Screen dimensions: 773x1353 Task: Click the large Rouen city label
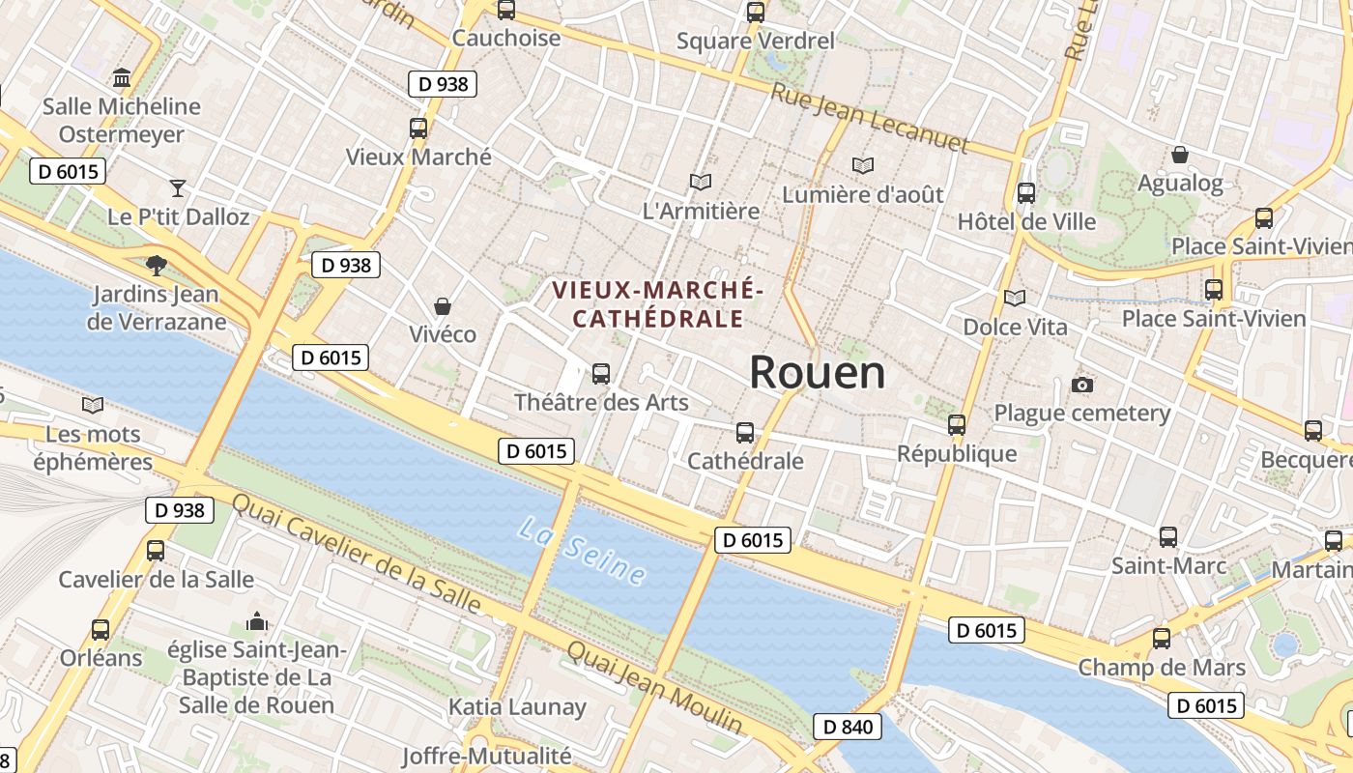817,373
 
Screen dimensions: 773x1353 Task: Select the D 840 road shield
848,727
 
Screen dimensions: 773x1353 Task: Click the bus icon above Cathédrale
744,432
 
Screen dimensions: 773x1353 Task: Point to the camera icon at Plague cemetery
1081,386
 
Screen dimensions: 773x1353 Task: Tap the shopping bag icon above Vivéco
442,306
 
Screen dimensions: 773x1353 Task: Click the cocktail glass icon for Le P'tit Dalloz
177,187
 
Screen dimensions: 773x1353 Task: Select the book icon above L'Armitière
700,182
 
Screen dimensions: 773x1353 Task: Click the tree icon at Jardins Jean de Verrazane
155,265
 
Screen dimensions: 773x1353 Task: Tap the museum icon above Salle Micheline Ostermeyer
122,77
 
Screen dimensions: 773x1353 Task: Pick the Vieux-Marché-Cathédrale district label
657,303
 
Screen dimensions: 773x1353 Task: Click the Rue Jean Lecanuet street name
869,118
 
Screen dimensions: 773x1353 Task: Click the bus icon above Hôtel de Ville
1025,192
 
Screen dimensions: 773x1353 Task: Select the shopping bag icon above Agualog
1179,155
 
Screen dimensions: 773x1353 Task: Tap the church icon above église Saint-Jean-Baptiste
256,621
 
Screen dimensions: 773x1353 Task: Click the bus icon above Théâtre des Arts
600,373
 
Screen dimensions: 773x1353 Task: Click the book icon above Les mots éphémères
93,405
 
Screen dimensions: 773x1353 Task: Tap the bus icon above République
956,424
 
